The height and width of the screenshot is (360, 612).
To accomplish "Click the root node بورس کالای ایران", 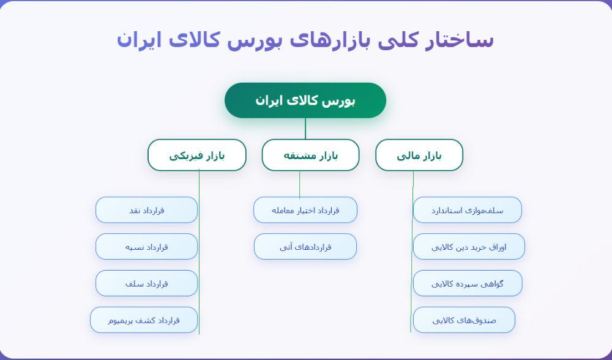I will pyautogui.click(x=305, y=100).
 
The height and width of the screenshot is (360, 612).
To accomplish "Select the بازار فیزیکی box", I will pyautogui.click(x=196, y=155).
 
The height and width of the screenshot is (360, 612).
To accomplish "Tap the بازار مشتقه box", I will pyautogui.click(x=310, y=155).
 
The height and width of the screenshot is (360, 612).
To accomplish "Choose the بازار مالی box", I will pyautogui.click(x=419, y=155).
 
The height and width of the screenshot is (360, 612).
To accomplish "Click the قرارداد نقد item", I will pyautogui.click(x=146, y=210).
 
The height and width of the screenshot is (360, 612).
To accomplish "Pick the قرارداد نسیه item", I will pyautogui.click(x=146, y=247).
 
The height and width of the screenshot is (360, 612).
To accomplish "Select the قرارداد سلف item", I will pyautogui.click(x=146, y=283).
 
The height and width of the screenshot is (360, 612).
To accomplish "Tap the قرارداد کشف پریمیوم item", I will pyautogui.click(x=144, y=320).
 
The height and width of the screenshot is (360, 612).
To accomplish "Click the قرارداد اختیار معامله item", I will pyautogui.click(x=305, y=210).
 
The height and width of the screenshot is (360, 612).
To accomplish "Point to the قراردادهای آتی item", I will pyautogui.click(x=305, y=247).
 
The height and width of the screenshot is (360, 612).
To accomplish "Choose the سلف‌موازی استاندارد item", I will pyautogui.click(x=468, y=210).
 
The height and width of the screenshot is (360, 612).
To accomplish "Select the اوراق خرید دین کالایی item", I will pyautogui.click(x=469, y=247).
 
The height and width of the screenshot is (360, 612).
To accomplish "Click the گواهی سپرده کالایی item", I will pyautogui.click(x=468, y=283).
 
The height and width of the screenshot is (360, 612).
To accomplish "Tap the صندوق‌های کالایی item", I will pyautogui.click(x=464, y=320).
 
